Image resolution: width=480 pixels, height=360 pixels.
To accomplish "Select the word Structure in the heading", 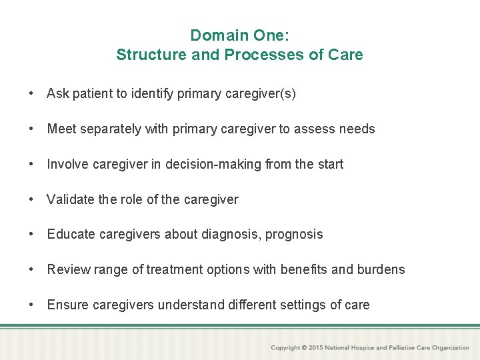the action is coord(151,55).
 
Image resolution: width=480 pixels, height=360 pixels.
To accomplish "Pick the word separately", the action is coord(110,129).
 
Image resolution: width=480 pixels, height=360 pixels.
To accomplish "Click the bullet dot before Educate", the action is coord(32,234).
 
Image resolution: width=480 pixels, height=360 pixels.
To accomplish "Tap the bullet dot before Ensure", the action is coord(32,305).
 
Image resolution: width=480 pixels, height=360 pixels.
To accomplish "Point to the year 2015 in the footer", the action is coord(317,348).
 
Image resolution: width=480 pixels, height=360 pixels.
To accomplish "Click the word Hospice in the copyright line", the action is coord(362,348).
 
